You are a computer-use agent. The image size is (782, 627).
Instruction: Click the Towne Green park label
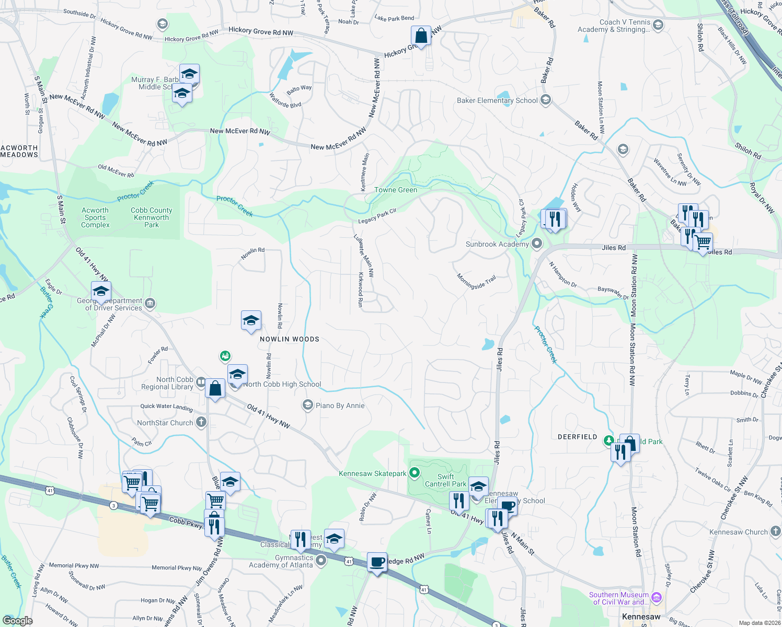396,190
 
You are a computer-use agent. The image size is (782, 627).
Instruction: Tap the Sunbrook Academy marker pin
537,243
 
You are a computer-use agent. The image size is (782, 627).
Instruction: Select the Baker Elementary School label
497,100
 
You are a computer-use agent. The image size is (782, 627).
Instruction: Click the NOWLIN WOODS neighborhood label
290,339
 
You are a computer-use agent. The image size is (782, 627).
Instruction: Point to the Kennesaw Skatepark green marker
415,473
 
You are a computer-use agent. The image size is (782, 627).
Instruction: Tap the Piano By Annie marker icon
308,405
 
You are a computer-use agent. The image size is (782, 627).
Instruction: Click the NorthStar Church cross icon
201,422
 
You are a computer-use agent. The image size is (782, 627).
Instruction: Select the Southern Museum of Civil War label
619,598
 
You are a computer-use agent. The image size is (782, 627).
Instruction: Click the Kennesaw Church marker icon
775,531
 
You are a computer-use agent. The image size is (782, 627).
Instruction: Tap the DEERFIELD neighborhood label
577,437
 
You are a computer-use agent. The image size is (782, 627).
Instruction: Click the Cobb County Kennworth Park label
152,217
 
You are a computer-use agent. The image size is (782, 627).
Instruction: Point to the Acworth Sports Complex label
95,217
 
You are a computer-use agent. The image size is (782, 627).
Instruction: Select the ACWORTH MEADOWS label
19,152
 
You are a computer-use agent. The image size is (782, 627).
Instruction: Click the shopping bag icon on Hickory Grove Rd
421,36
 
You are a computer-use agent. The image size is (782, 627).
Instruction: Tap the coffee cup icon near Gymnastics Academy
377,562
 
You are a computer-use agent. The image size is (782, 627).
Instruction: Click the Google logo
17,621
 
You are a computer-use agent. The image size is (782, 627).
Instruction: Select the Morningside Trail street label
476,282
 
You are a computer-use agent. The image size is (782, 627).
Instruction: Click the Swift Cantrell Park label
445,480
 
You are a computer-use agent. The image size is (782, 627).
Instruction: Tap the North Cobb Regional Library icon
201,383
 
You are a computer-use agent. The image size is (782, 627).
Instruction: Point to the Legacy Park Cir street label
377,216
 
